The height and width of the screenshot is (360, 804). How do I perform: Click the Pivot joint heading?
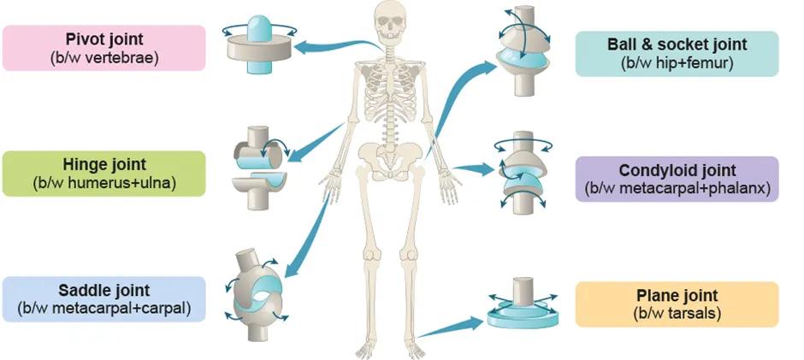(103, 39)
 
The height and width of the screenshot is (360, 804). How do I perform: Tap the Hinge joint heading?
(104, 164)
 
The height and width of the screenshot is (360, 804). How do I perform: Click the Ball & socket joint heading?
(677, 44)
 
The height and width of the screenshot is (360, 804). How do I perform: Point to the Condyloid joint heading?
(677, 171)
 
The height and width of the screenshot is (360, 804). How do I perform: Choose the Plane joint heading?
(677, 296)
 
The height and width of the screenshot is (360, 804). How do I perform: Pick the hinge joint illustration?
(260, 168)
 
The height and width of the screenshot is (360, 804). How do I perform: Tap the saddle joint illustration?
(258, 286)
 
